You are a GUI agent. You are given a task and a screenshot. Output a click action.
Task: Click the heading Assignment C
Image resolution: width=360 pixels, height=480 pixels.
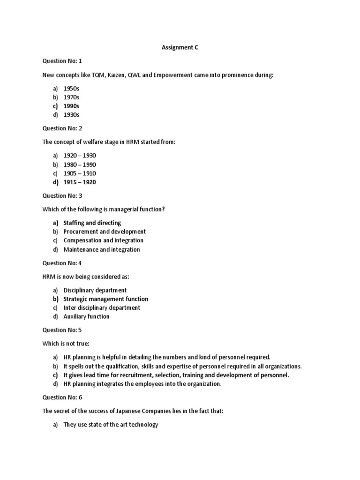180,47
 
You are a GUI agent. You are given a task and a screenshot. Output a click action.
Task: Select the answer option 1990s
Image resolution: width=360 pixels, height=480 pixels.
71,106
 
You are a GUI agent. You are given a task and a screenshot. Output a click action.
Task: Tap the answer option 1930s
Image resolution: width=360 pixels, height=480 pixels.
71,115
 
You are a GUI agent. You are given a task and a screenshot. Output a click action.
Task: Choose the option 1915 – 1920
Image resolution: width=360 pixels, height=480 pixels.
80,182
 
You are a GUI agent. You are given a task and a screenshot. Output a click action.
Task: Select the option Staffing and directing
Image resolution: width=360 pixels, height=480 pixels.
92,223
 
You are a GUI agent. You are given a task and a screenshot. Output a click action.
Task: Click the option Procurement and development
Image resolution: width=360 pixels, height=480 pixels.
105,232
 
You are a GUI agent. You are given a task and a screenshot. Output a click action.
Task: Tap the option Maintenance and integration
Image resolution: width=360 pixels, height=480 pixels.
102,249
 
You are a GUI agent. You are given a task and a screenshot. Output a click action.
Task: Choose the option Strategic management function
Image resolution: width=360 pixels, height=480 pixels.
105,299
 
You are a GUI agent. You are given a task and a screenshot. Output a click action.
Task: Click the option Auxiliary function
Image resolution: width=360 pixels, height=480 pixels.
86,316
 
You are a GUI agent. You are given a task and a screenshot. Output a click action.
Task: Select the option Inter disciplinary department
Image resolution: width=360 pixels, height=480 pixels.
102,307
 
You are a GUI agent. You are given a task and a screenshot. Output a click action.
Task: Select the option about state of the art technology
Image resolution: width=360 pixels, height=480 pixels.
111,425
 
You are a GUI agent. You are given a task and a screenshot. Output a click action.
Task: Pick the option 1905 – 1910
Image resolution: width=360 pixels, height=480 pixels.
80,173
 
